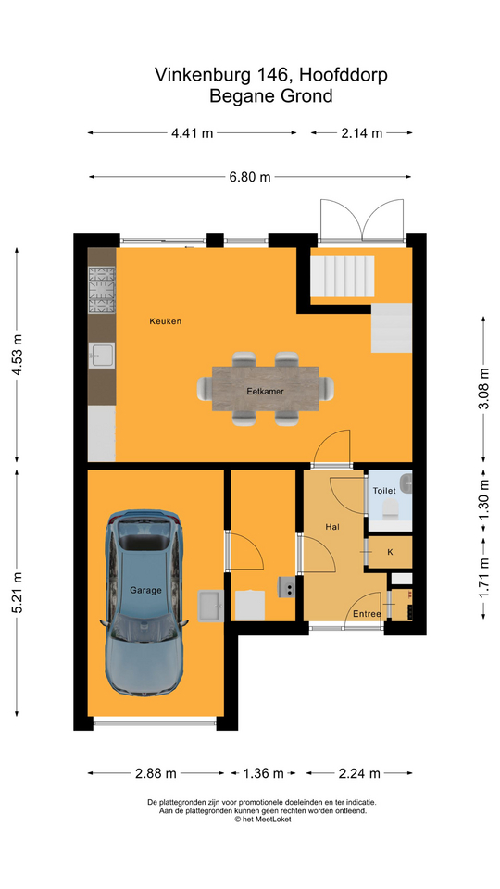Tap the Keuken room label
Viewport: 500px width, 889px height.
tap(166, 321)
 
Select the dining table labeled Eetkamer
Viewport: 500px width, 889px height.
tap(266, 390)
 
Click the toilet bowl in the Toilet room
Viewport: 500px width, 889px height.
tap(390, 507)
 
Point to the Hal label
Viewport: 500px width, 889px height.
tap(332, 526)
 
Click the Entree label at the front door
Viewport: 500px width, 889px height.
tap(367, 613)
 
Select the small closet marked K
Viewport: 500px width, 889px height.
tap(389, 551)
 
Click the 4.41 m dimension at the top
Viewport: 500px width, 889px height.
tap(192, 133)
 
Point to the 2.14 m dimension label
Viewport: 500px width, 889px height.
tap(361, 133)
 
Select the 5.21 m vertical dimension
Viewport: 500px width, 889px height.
tap(18, 593)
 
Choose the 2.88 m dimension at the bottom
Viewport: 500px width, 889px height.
tap(156, 772)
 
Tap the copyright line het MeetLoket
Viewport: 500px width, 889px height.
tap(262, 819)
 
